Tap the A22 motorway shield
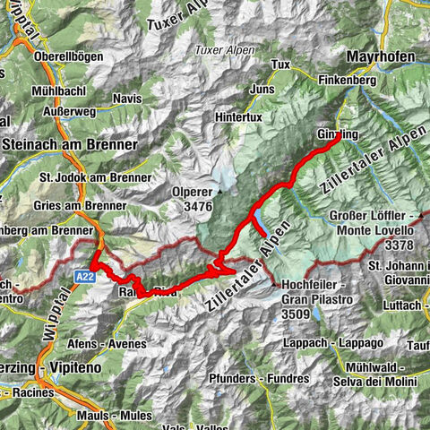click(81, 277)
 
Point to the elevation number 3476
click(199, 207)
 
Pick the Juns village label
click(263, 90)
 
